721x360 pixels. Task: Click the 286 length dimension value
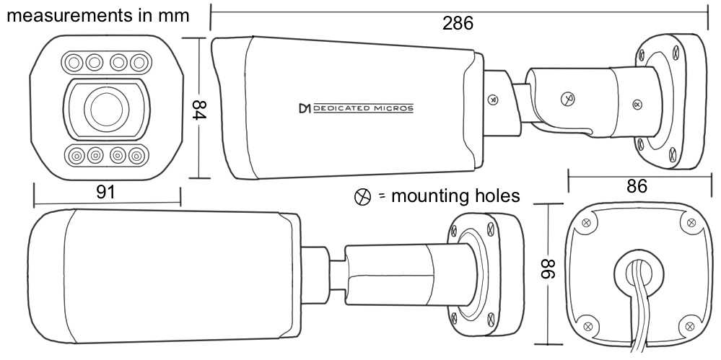click(x=458, y=23)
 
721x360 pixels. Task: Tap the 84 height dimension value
click(x=198, y=109)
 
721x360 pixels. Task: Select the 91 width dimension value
click(x=106, y=192)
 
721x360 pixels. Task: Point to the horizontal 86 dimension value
click(x=637, y=186)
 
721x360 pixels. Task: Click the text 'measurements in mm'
click(x=98, y=15)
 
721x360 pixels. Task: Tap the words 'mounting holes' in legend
click(x=455, y=196)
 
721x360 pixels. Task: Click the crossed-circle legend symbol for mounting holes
click(x=362, y=197)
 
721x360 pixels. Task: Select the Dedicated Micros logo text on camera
click(x=356, y=108)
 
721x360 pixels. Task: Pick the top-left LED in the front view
click(x=73, y=62)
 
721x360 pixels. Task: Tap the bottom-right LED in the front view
click(x=136, y=156)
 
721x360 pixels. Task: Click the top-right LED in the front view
click(x=138, y=62)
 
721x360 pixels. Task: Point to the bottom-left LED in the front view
click(x=74, y=156)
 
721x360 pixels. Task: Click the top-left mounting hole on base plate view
click(x=586, y=224)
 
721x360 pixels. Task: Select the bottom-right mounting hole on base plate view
click(x=689, y=326)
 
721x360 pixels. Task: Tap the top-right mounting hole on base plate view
click(x=691, y=223)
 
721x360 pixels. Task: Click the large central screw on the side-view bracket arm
click(x=568, y=98)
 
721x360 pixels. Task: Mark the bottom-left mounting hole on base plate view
click(x=587, y=326)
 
